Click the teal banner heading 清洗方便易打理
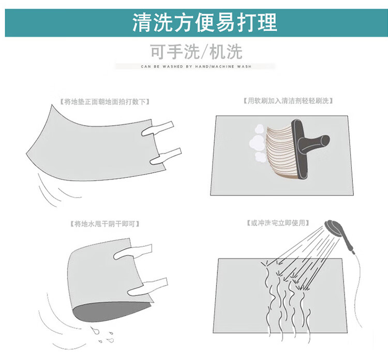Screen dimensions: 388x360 [x=205, y=23]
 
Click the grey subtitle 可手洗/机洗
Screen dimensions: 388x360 [x=196, y=52]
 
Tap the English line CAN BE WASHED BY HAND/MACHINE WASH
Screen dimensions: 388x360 [x=196, y=67]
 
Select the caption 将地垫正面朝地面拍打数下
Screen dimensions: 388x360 [x=105, y=102]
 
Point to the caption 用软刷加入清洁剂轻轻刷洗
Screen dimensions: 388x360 [x=288, y=101]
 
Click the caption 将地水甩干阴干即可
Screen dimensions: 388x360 [x=105, y=224]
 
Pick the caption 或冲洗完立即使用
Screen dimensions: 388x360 [x=278, y=223]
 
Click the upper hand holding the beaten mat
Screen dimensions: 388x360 [x=158, y=128]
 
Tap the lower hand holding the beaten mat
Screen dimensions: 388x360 [x=166, y=156]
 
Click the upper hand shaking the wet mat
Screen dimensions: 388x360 [x=132, y=251]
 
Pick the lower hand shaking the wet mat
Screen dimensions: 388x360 [x=148, y=287]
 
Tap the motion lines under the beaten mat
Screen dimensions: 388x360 [x=58, y=190]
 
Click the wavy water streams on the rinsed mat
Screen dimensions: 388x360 [x=287, y=302]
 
